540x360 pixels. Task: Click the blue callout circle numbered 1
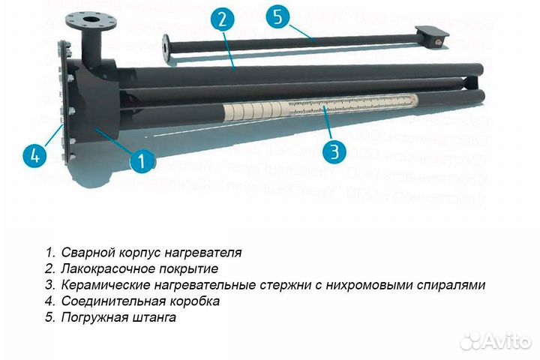pos(142,158)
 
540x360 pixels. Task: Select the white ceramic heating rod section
pos(330,106)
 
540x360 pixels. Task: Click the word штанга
pos(154,318)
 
